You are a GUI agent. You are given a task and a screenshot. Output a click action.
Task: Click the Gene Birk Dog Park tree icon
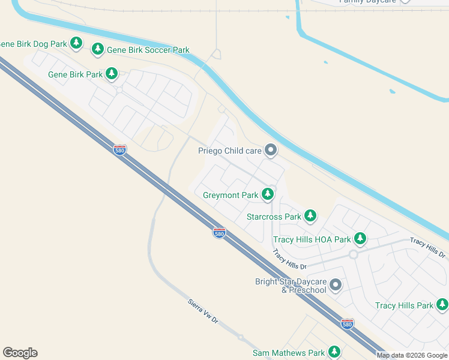coord(76,43)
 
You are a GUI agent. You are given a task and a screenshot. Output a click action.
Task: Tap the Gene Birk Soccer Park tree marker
coord(98,49)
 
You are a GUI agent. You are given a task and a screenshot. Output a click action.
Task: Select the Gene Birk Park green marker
coord(111,73)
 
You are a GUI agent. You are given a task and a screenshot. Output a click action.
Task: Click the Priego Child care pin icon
coord(271,150)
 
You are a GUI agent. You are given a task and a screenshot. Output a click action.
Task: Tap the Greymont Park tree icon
coord(268,194)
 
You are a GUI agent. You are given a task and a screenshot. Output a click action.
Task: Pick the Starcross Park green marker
coord(310,215)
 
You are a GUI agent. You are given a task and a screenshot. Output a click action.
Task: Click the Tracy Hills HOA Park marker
coord(360,239)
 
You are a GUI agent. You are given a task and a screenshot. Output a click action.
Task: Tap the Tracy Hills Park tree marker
coord(442,304)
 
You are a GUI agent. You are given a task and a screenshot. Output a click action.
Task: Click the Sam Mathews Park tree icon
coord(334,352)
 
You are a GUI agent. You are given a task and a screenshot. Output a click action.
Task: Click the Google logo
coord(20,353)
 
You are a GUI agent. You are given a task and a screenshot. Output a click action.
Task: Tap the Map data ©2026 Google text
coord(412,355)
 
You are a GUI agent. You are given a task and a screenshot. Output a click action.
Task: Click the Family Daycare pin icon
coord(406,1)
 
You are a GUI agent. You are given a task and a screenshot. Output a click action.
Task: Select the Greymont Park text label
coord(231,195)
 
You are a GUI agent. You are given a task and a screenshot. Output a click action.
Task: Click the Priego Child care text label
coord(230,151)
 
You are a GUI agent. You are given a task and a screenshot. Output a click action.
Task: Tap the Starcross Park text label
coord(274,217)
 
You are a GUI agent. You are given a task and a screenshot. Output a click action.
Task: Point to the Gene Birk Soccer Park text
coord(148,50)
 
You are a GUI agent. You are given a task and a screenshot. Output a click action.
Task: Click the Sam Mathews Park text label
coord(289,353)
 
